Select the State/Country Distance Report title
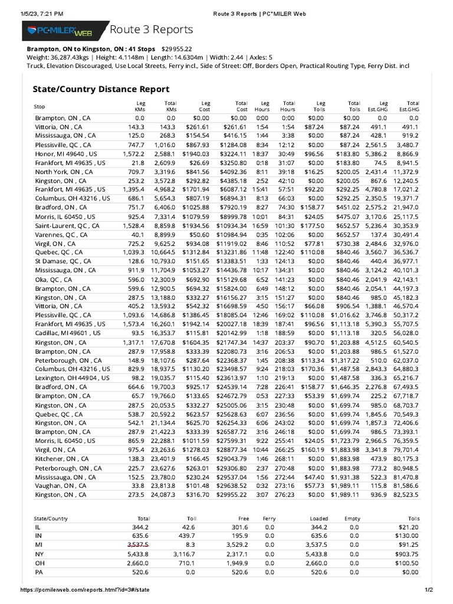click(100, 89)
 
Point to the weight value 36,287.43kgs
click(70, 57)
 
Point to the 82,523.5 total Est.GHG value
click(405, 494)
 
